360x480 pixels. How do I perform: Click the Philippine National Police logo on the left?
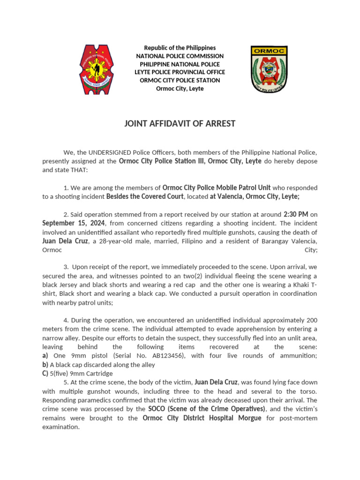pos(96,69)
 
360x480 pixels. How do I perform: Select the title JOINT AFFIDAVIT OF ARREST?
pos(180,124)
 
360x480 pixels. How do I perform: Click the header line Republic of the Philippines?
pos(180,48)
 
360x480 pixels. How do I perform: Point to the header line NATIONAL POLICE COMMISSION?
pos(180,56)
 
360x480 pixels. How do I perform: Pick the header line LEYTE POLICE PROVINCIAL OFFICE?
pos(180,72)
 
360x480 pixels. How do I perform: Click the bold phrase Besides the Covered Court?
pos(146,196)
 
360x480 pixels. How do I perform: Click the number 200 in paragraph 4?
pos(311,320)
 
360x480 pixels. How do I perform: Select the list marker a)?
pos(45,356)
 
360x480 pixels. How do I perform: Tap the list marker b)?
pos(45,365)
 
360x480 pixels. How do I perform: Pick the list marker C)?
pos(45,374)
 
